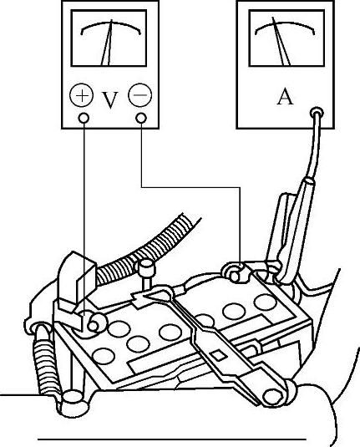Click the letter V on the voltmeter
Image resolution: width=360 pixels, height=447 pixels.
tap(110, 100)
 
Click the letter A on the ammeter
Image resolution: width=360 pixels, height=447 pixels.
tap(285, 97)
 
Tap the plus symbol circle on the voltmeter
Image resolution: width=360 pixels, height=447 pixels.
tap(82, 95)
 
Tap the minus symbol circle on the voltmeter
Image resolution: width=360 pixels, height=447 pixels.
tap(140, 94)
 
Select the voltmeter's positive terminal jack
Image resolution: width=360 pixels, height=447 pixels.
tap(84, 118)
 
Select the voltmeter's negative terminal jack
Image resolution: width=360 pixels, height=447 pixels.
tap(141, 118)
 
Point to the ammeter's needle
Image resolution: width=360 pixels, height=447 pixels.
tap(281, 41)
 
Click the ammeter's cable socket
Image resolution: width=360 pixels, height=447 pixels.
tap(317, 113)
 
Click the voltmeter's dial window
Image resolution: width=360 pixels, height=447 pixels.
tap(109, 38)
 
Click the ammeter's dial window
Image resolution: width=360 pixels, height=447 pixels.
tap(286, 38)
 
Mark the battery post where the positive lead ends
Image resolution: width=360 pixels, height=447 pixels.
tap(94, 325)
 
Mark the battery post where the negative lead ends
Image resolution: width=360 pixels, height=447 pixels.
tap(235, 276)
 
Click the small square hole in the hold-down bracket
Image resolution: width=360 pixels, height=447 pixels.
tap(219, 355)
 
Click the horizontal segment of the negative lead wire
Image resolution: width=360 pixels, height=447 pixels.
tap(190, 187)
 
